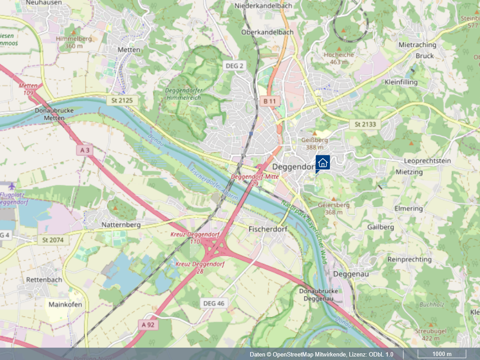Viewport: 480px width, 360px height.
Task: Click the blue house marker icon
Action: point(322,162)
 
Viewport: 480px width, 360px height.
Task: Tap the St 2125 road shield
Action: point(122,100)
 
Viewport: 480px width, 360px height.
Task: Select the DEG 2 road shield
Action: point(234,66)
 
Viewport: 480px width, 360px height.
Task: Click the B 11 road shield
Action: point(269,101)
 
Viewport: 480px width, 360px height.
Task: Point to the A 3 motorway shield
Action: point(85,151)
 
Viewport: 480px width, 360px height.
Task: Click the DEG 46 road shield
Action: point(214,303)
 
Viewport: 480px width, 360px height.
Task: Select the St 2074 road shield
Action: point(53,240)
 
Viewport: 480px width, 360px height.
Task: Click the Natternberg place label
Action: point(121,224)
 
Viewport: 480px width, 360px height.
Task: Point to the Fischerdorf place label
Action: point(268,229)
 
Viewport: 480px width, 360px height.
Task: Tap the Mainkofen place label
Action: point(65,304)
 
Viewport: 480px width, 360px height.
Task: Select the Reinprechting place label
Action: point(409,259)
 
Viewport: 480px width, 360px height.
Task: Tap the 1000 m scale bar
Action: point(442,354)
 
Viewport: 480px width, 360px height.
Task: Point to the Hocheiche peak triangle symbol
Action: point(339,48)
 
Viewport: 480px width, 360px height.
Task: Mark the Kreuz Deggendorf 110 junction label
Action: point(194,238)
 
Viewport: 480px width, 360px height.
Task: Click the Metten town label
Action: point(129,50)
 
